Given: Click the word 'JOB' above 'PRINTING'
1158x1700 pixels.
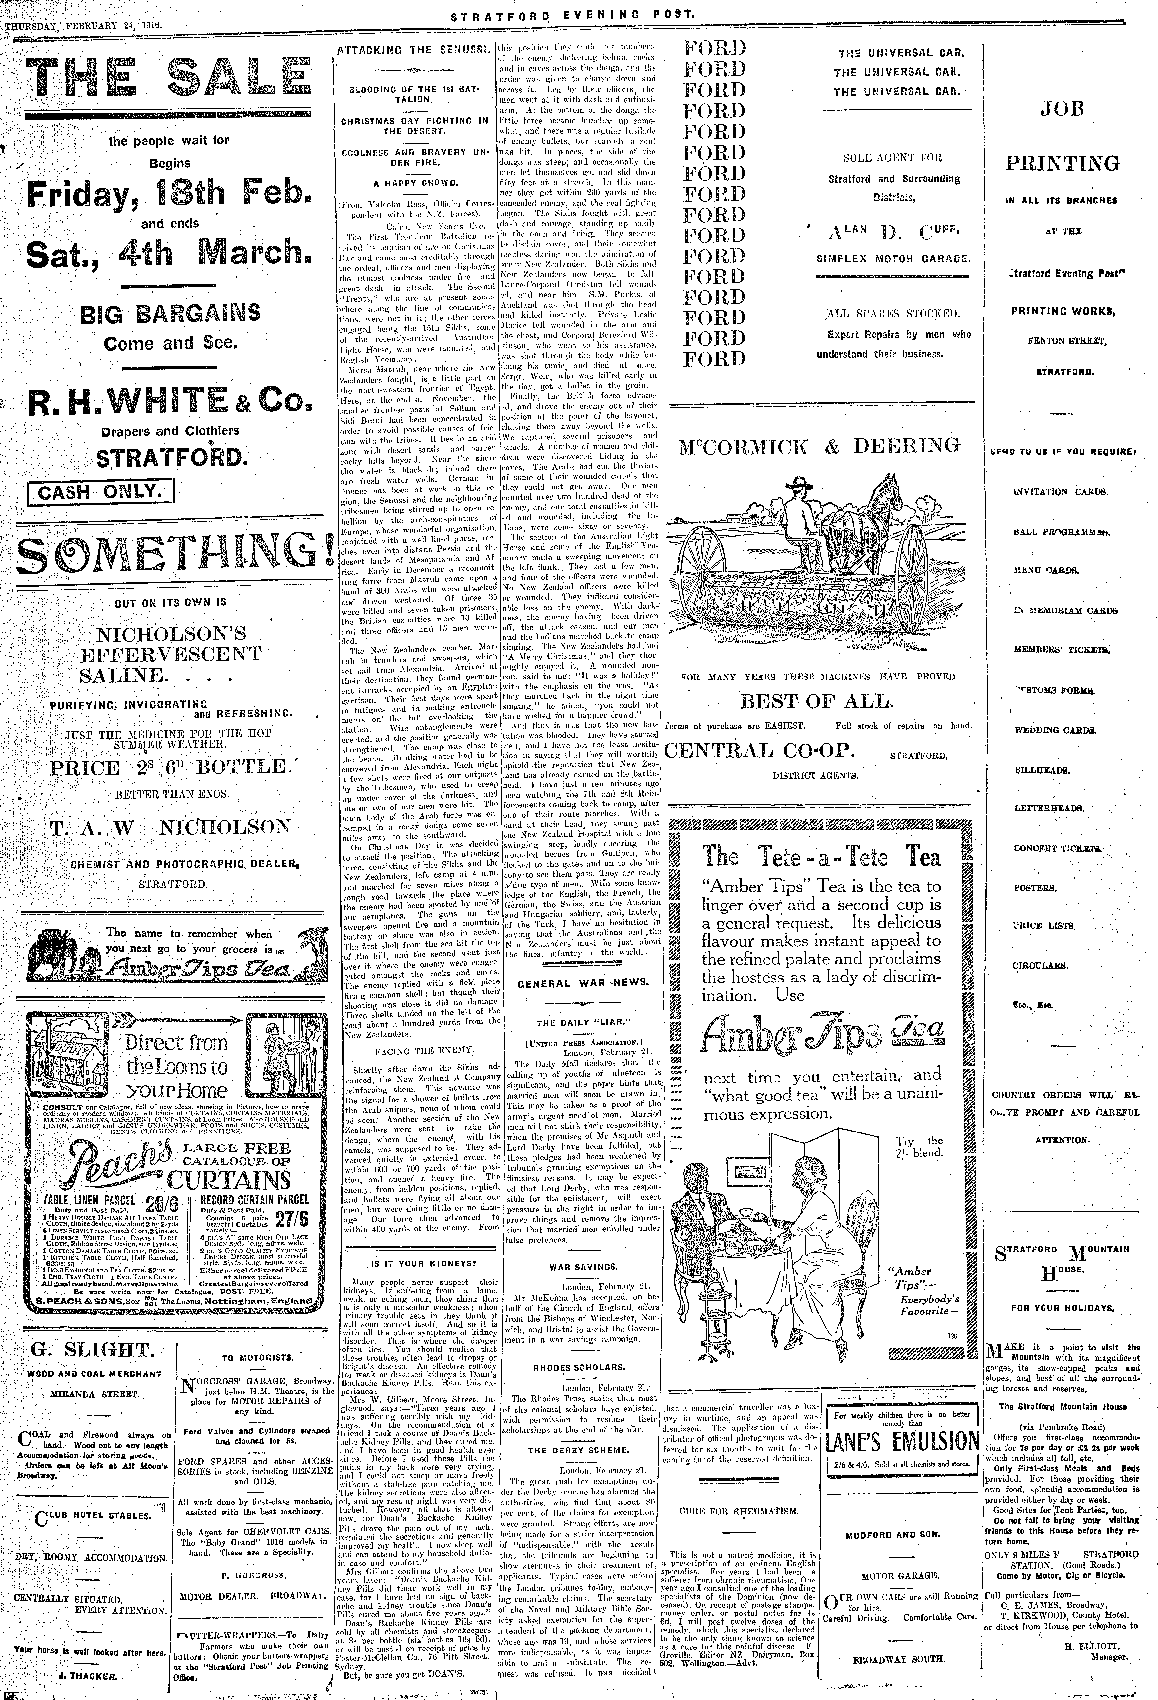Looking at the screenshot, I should pos(1062,109).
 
